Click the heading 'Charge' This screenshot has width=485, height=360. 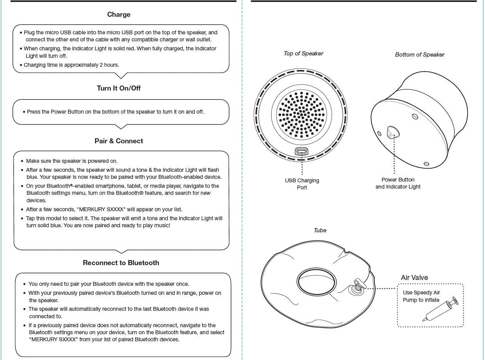(x=119, y=14)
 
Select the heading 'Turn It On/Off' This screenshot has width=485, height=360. (x=119, y=88)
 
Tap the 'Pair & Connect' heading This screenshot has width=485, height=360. (x=119, y=141)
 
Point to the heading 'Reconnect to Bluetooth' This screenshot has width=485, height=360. (x=121, y=263)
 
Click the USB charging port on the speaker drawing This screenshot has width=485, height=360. (x=301, y=151)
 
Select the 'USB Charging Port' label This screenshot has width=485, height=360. (x=302, y=184)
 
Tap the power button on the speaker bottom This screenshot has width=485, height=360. (x=392, y=132)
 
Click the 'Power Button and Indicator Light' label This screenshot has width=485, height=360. (x=398, y=183)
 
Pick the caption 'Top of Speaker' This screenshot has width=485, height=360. (x=303, y=53)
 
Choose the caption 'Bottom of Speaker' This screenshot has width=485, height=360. (x=419, y=55)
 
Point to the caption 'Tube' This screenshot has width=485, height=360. (x=320, y=230)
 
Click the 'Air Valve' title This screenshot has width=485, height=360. (x=414, y=278)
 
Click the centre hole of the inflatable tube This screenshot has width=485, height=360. (x=317, y=281)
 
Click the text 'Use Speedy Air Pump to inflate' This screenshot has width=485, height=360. (x=421, y=296)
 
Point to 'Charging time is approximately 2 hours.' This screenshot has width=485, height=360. (x=71, y=65)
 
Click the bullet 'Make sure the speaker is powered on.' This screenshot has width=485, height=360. (x=72, y=161)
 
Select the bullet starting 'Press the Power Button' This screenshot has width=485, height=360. (x=115, y=112)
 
